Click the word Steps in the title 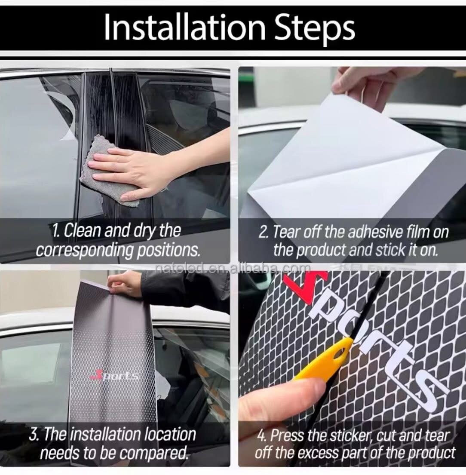tap(315, 29)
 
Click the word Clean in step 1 tap(83, 230)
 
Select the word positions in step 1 tap(169, 250)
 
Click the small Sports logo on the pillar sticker tap(114, 376)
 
